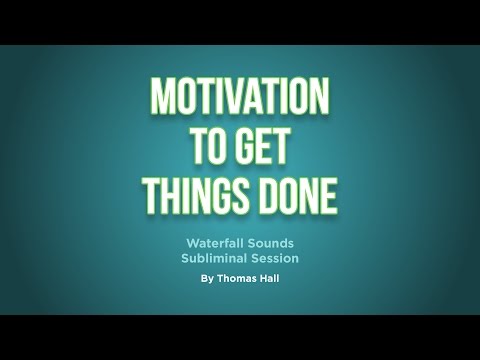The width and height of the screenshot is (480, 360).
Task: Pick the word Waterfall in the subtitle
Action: pyautogui.click(x=215, y=243)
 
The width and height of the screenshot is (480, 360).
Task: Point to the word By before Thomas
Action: pyautogui.click(x=206, y=280)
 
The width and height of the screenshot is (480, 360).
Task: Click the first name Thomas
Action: pyautogui.click(x=237, y=280)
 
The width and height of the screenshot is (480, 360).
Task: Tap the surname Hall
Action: pyautogui.click(x=271, y=280)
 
